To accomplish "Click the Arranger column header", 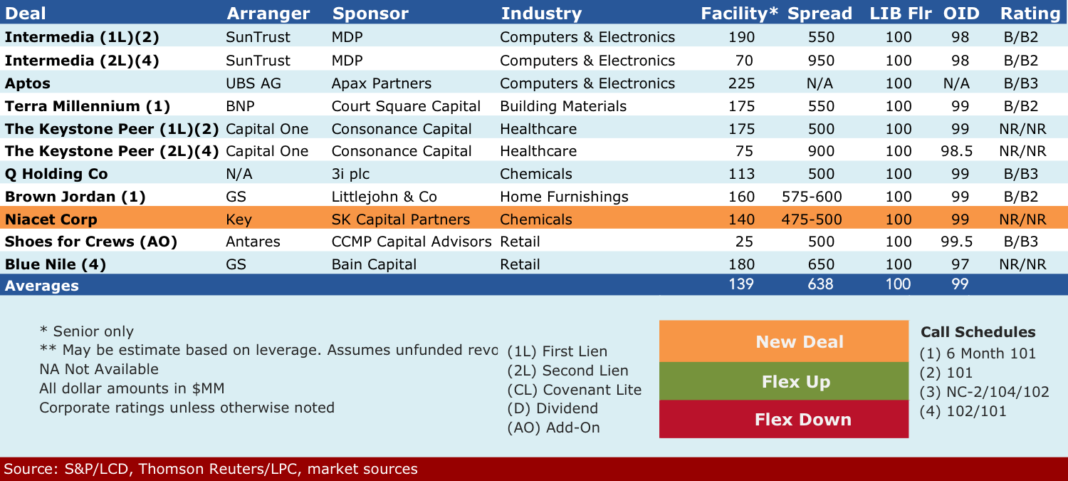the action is (268, 14).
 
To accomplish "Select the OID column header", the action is (961, 14).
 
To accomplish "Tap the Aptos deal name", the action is (28, 83).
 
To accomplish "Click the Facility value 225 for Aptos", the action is (741, 83).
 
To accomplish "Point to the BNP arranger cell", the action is (241, 106).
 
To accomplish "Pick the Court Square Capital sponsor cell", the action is (406, 106).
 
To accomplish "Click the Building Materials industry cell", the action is (563, 106).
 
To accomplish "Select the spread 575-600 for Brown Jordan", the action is (812, 197).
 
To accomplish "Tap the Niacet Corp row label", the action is (51, 219).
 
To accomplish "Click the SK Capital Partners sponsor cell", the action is (400, 219).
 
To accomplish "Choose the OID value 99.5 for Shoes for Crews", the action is (956, 242).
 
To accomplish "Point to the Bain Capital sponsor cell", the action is (374, 264).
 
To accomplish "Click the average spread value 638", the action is (820, 284).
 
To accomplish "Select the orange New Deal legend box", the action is (784, 341).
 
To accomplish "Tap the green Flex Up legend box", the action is (784, 381).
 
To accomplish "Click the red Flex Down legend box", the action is (784, 419).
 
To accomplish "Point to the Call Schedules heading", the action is (978, 332).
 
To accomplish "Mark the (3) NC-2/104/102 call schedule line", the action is (984, 392).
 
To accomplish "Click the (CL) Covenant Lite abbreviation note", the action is (574, 390).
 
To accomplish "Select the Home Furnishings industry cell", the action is (564, 197).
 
